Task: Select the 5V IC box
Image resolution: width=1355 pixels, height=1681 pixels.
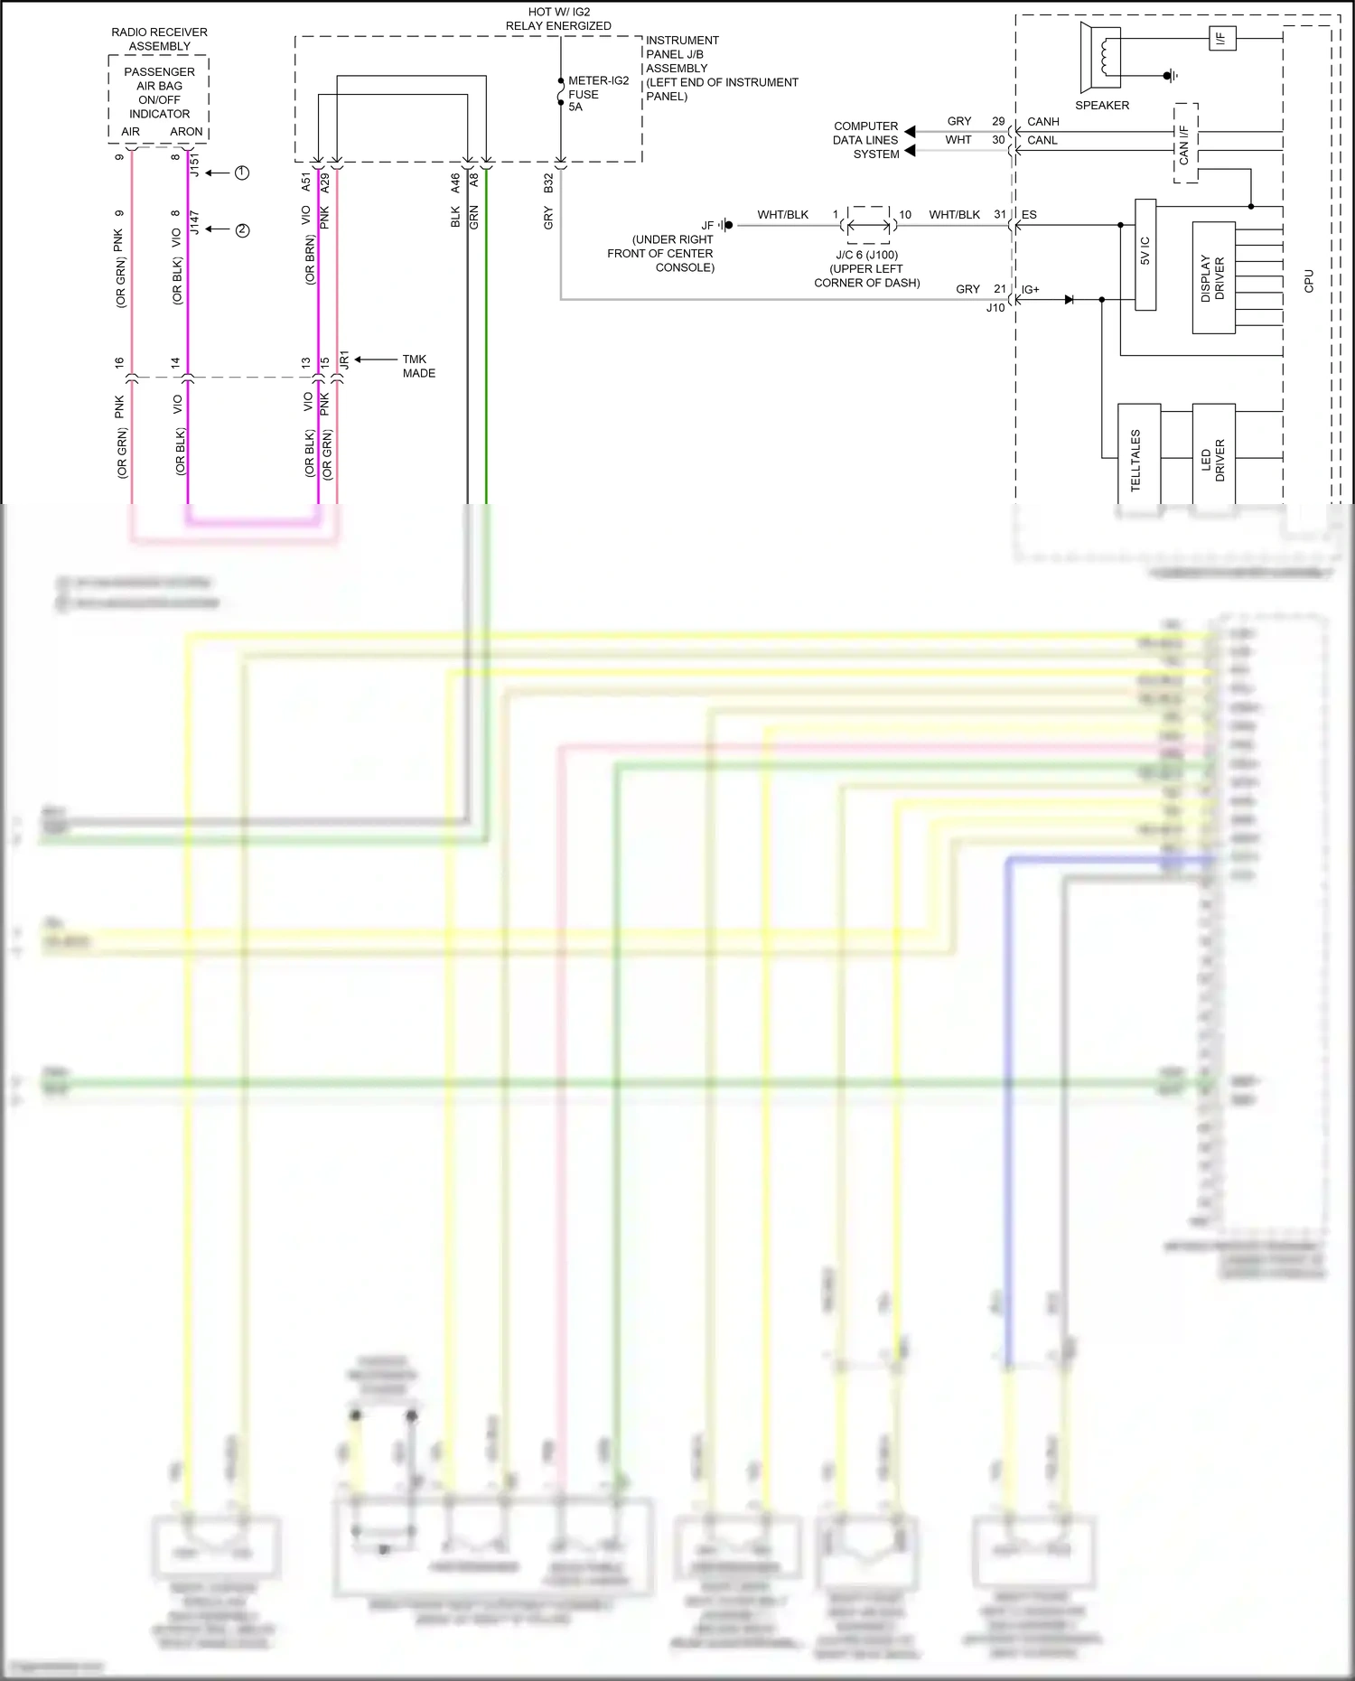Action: (1145, 255)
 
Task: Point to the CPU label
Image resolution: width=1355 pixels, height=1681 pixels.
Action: (1308, 281)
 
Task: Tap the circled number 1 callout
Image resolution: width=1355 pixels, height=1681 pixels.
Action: (242, 173)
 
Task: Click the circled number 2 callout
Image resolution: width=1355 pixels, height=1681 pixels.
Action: (242, 230)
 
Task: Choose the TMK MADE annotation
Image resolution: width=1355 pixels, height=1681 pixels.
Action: (418, 366)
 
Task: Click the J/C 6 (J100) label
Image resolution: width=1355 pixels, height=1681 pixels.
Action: (866, 255)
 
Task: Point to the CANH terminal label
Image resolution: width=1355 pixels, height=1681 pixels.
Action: (1042, 121)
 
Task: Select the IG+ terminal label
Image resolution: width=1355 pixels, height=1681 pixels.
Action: (1030, 290)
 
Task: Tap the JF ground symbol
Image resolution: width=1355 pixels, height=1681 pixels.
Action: (726, 225)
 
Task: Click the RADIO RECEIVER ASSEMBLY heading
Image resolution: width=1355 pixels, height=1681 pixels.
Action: (159, 39)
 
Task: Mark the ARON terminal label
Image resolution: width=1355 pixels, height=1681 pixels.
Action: (186, 132)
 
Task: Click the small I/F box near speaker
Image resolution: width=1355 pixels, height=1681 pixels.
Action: (1221, 39)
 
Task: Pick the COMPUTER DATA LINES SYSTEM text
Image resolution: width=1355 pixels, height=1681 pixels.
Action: (865, 140)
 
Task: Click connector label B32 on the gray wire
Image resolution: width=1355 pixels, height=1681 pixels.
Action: (548, 183)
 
